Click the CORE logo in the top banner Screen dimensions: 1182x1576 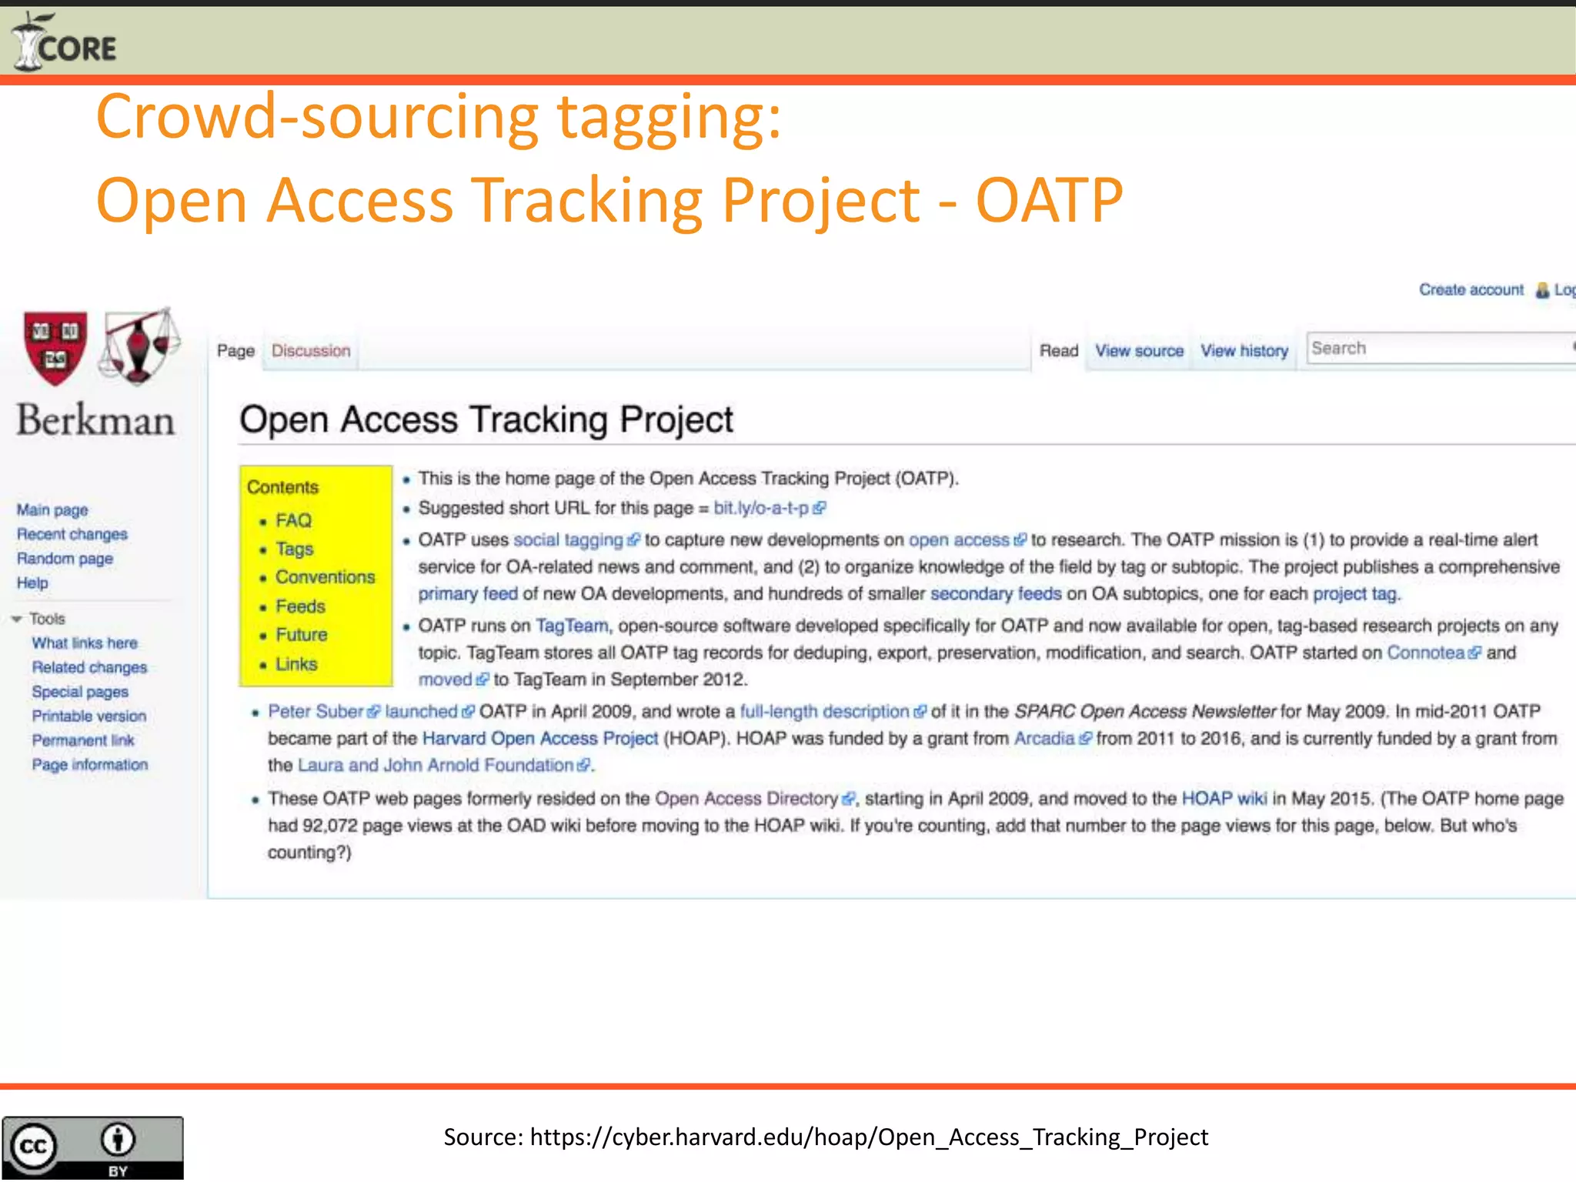[65, 43]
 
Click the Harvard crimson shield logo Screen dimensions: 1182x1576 [55, 347]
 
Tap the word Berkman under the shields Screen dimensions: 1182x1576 [96, 421]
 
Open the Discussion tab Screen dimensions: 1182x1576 [311, 351]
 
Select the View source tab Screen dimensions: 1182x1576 [1139, 351]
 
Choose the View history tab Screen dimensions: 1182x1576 [1244, 351]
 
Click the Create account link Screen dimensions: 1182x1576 [1471, 290]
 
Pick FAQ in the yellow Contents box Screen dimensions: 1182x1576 [293, 521]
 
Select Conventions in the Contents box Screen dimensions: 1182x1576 [326, 577]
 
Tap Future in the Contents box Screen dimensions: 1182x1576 [302, 635]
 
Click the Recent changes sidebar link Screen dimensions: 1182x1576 [72, 534]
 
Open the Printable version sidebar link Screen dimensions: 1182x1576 [89, 716]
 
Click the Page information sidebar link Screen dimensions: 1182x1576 [90, 765]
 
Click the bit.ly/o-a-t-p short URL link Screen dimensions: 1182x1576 [762, 508]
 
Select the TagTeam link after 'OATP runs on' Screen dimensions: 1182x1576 [572, 626]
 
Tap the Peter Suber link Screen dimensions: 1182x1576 [316, 712]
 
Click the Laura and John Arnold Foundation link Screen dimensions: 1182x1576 [436, 766]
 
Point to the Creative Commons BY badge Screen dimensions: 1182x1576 [92, 1147]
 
